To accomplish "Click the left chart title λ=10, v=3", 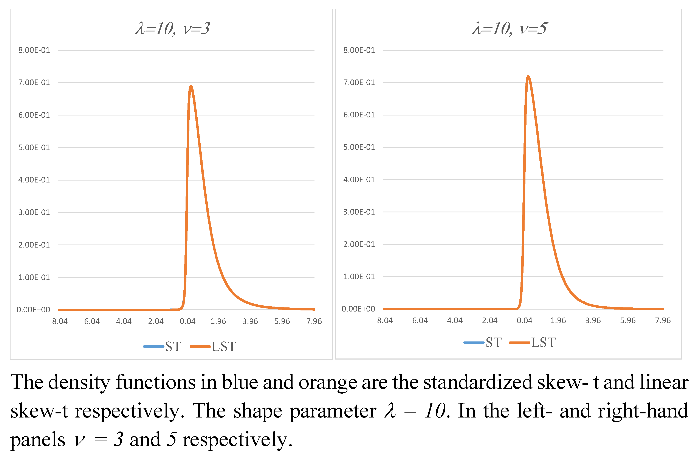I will click(172, 29).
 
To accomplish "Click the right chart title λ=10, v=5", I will click(509, 29).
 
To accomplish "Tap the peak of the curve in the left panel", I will click(191, 86).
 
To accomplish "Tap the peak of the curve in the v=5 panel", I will click(528, 76).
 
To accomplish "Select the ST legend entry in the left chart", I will click(163, 347).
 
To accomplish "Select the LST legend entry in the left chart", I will click(213, 347).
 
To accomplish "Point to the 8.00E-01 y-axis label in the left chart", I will click(34, 50).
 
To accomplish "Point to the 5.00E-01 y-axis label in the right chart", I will click(359, 147).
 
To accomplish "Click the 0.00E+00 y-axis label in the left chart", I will click(33, 310).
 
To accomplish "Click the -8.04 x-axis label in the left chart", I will click(58, 321).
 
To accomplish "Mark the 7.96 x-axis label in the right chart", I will click(663, 321).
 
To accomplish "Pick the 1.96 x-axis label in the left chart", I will click(218, 321).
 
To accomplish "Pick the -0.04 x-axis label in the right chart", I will click(523, 321).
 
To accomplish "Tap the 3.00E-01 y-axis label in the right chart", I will click(359, 212).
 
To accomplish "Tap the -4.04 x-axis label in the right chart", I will click(453, 321).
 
